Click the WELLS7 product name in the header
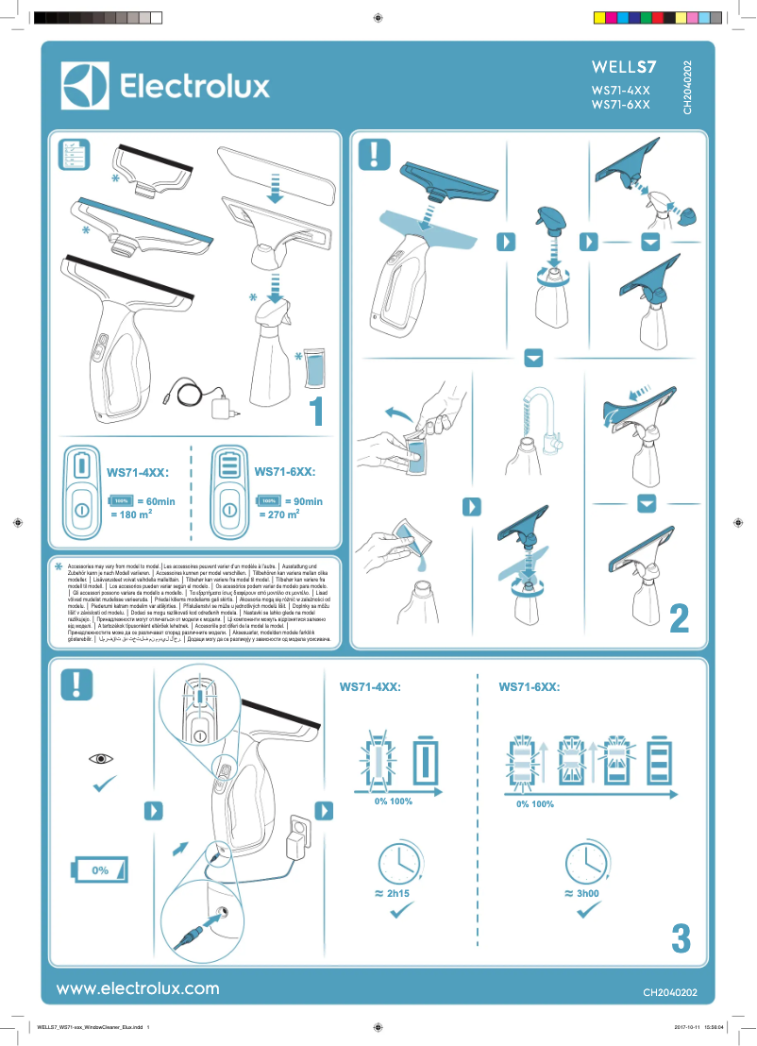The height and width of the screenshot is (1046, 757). point(622,68)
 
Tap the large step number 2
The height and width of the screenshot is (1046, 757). point(679,618)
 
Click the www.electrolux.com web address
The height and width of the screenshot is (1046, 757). point(138,988)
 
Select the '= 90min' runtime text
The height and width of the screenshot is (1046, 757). point(302,501)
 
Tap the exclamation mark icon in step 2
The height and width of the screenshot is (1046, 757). point(379,154)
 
